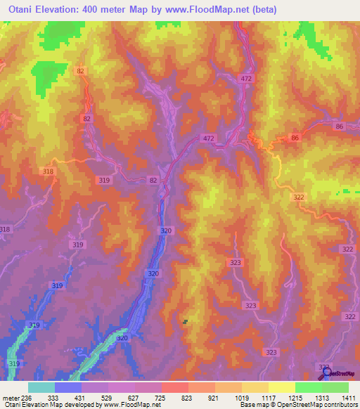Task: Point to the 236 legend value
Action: (x=27, y=398)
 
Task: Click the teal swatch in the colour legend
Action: (x=41, y=387)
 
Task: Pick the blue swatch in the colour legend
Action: (x=68, y=387)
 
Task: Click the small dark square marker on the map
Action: (x=186, y=322)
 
